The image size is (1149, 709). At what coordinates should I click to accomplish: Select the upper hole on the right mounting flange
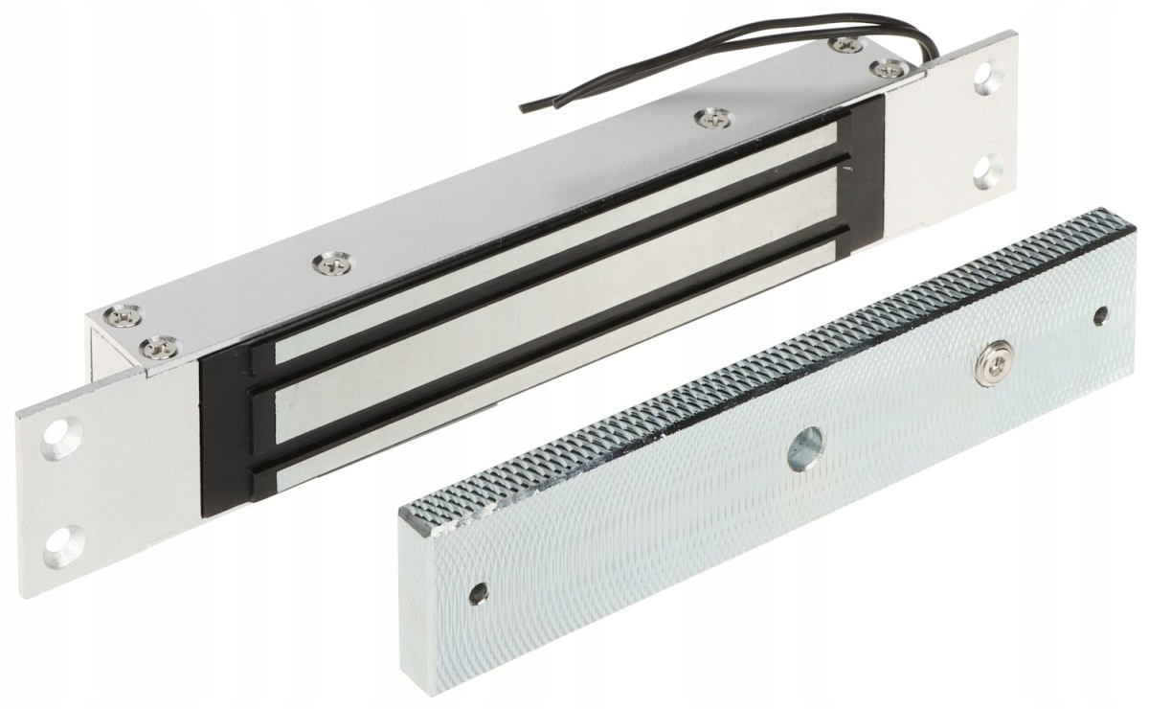986,79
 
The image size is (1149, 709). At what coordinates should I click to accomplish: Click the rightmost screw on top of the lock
888,68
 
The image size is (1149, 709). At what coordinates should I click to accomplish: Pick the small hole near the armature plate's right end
1101,313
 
